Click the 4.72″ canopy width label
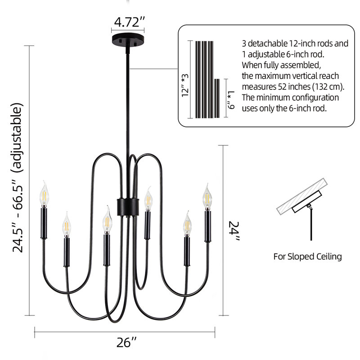pyautogui.click(x=129, y=22)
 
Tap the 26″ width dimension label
pyautogui.click(x=126, y=343)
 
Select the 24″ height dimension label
pyautogui.click(x=234, y=231)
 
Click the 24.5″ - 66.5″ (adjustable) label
pyautogui.click(x=18, y=178)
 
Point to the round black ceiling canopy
pyautogui.click(x=128, y=40)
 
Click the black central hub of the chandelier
pyautogui.click(x=128, y=207)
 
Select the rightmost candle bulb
pyautogui.click(x=207, y=197)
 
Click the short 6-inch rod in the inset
pyautogui.click(x=217, y=98)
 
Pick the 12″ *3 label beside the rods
pyautogui.click(x=185, y=85)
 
